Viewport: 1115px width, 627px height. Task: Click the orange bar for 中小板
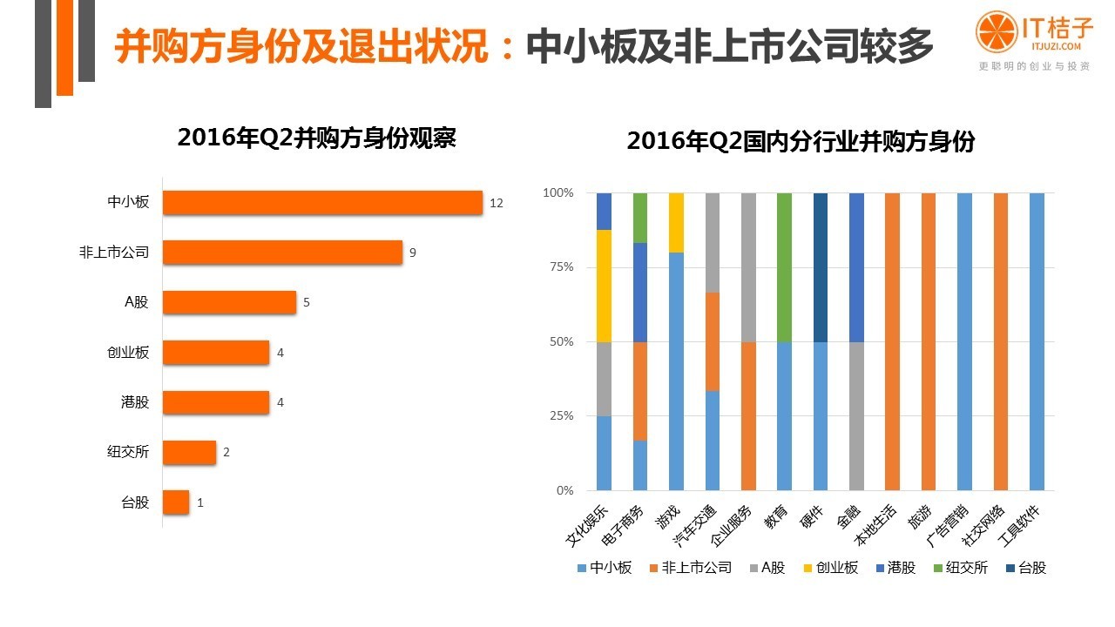[322, 202]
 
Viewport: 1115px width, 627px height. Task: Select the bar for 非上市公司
[282, 253]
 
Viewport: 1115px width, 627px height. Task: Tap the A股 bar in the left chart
[229, 302]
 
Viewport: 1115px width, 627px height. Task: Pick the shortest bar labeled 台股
[176, 502]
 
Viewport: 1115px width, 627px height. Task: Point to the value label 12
[497, 203]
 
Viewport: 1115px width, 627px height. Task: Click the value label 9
[413, 253]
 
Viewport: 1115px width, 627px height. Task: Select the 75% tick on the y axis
[558, 267]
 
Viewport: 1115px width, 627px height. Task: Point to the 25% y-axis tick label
[558, 416]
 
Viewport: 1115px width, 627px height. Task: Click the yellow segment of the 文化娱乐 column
[604, 286]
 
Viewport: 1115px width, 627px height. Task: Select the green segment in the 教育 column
[784, 267]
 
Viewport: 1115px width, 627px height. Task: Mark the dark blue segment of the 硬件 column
[820, 267]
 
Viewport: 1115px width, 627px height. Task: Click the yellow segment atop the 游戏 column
[676, 222]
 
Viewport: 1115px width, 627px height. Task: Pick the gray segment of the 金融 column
[855, 416]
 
